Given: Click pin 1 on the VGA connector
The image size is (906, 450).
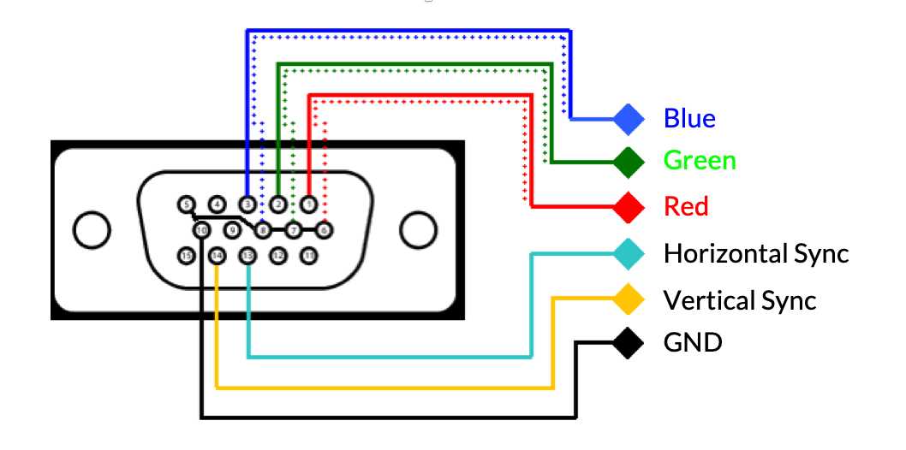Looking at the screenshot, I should [x=309, y=204].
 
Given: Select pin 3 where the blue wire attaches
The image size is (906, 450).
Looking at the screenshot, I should [x=247, y=204].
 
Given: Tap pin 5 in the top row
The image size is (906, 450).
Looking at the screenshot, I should [x=186, y=204].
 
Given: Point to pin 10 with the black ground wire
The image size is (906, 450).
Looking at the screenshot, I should [x=201, y=229].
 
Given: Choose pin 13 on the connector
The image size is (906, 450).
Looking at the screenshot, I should [x=247, y=255].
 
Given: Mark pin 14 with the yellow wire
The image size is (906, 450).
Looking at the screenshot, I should [x=217, y=255].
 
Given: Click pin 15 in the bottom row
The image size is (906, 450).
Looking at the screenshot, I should [x=186, y=255].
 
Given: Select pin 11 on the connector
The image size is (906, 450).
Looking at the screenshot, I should [x=309, y=255].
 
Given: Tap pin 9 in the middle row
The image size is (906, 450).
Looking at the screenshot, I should [x=232, y=229].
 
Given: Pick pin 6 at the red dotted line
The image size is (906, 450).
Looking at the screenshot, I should [x=325, y=229].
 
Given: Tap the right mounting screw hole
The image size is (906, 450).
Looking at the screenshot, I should [x=417, y=229].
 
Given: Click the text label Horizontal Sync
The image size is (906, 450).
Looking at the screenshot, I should [x=756, y=254].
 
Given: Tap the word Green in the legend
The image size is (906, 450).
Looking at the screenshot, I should [x=700, y=161].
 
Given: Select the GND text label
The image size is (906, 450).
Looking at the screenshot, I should [x=693, y=344].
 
